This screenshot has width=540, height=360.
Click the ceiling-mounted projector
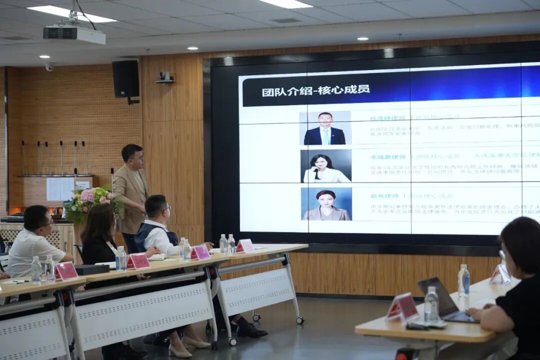pyautogui.click(x=74, y=34)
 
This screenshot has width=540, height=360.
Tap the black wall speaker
pyautogui.click(x=125, y=78)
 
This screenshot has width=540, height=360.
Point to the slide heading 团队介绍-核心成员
pyautogui.click(x=315, y=90)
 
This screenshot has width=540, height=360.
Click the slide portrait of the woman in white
pyautogui.click(x=325, y=166)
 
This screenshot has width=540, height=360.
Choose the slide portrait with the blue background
pyautogui.click(x=326, y=204)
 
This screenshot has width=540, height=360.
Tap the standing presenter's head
pyautogui.click(x=132, y=156)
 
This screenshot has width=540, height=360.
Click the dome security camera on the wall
pyautogui.click(x=49, y=66)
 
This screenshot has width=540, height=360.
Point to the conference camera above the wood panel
pyautogui.click(x=164, y=76)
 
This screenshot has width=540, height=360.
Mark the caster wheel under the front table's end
pyautogui.click(x=299, y=320)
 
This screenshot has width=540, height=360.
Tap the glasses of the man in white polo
pyautogui.click(x=48, y=223)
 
